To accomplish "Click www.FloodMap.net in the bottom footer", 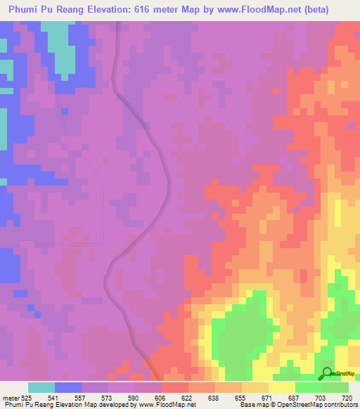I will (157, 405).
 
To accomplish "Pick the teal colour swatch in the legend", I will (41, 387).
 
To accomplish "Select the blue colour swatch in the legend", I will (68, 387).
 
